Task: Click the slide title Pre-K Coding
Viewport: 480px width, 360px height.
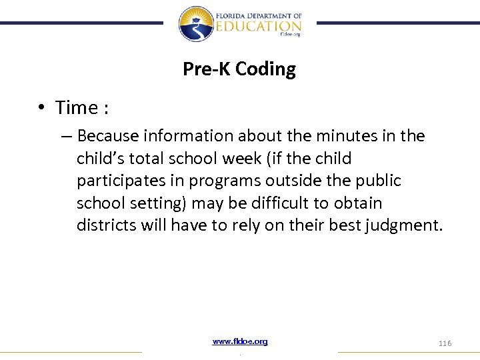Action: coord(239,69)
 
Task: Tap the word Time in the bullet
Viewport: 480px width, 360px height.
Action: coord(77,107)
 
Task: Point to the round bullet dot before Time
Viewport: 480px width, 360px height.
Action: coord(41,108)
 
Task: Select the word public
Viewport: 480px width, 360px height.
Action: coord(379,181)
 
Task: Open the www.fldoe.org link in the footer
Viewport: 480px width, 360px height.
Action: coord(240,341)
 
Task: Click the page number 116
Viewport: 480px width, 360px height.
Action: coord(445,343)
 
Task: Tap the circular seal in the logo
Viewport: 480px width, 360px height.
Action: coord(195,23)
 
